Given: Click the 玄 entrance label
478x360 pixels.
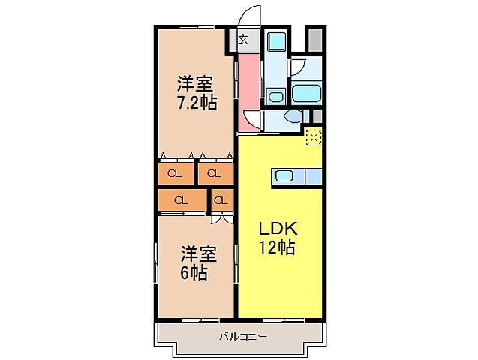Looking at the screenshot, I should (x=245, y=40).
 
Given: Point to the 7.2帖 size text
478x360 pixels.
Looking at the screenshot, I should (x=197, y=101).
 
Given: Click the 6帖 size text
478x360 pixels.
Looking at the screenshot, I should (x=194, y=273).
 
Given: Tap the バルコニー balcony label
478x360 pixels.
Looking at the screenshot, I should (x=242, y=335).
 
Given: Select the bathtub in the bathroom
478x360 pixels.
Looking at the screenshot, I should (x=306, y=94).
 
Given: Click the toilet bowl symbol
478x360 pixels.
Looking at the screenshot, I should (x=292, y=117).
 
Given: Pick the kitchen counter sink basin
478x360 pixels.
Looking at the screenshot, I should (x=284, y=176).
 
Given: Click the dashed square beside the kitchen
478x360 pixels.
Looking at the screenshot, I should (x=314, y=136).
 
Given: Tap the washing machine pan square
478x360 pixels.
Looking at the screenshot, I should (x=275, y=42).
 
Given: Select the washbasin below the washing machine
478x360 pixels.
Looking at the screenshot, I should (x=275, y=95).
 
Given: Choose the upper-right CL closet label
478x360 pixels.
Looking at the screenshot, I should (x=214, y=175).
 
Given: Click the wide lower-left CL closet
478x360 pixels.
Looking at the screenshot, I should (x=181, y=200).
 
